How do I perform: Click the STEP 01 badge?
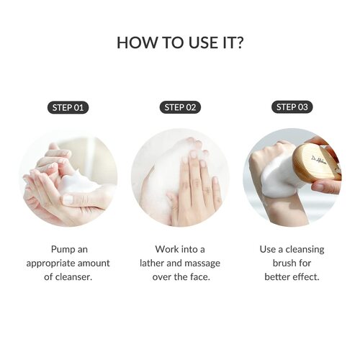point(68,108)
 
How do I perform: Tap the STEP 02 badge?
point(180,108)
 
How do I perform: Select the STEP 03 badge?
point(292,108)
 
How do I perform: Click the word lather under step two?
point(154,263)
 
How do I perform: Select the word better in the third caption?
point(279,276)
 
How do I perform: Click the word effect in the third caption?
point(307,276)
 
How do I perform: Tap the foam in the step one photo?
point(79,184)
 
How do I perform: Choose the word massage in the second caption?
point(203,263)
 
